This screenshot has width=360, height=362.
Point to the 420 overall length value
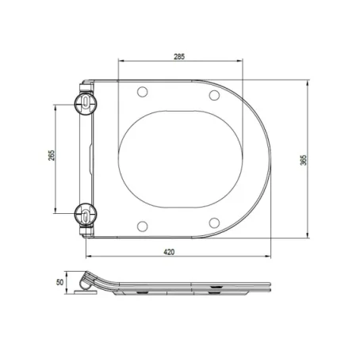[x=169, y=251]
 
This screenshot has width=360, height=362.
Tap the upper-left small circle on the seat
[x=142, y=93]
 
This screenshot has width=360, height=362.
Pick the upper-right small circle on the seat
[x=214, y=96]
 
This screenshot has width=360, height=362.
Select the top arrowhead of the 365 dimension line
[x=308, y=82]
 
